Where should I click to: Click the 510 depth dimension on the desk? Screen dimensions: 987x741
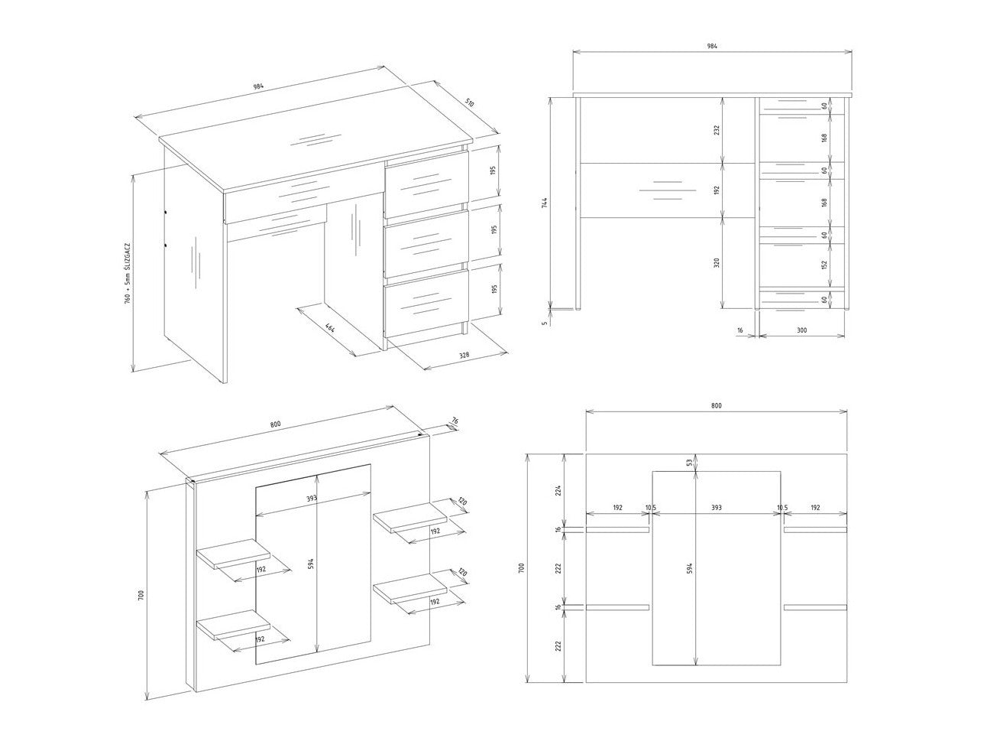469,103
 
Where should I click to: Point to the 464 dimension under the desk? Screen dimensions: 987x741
329,328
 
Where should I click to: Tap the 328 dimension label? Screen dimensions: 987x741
464,355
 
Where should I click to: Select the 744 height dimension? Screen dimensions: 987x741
545,203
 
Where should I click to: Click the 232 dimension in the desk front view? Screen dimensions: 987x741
717,129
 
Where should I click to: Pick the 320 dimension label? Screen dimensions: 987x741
717,263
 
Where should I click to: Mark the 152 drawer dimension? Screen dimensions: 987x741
824,265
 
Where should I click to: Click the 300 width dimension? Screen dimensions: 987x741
801,330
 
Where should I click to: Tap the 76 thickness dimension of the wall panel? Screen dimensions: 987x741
455,421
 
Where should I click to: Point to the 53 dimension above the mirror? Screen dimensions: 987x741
689,463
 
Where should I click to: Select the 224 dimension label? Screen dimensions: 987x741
558,489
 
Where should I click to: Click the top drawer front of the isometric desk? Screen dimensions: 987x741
426,184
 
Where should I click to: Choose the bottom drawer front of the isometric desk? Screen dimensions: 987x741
426,304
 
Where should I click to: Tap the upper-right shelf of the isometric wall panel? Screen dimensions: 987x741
409,518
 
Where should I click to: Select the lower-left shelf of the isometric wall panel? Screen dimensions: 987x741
233,625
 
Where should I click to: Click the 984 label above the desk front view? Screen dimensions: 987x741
712,46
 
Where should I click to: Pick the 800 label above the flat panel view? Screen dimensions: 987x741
717,405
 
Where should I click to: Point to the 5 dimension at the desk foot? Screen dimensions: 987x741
545,323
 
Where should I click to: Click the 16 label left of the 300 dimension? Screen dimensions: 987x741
739,330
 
